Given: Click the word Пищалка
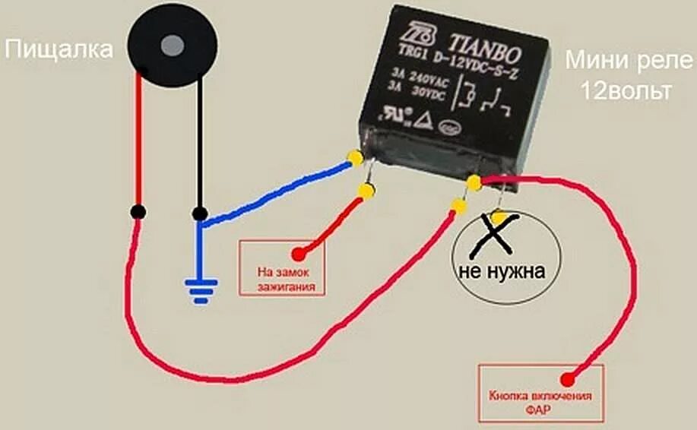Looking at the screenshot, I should (59, 50).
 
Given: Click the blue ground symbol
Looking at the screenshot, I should (200, 289).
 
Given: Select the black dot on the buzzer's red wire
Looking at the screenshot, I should (138, 211).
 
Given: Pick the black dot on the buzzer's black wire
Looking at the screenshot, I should (200, 213).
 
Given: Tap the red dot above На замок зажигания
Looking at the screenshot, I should (299, 252).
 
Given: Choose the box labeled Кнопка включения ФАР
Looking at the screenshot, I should (540, 394).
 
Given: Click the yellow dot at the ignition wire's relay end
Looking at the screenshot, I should (366, 191).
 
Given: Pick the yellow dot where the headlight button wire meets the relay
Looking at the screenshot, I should (474, 182).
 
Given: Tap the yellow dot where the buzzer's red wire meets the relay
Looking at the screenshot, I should (460, 205).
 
